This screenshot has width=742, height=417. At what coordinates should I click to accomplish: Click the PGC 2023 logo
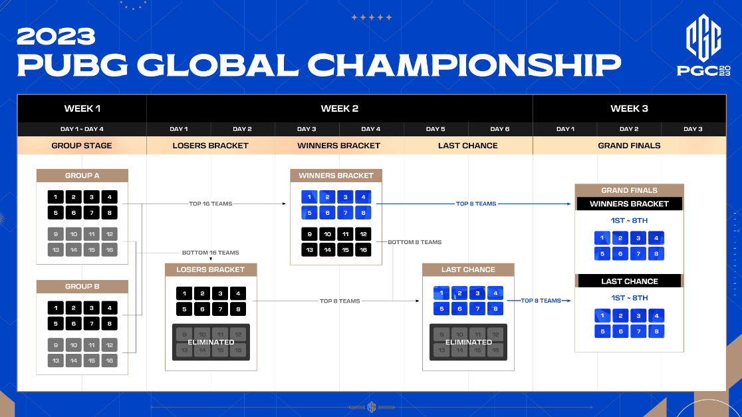[x=703, y=45]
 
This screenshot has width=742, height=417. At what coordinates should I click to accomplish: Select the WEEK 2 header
[x=339, y=108]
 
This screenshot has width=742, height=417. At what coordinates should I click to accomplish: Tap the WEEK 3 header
[x=629, y=108]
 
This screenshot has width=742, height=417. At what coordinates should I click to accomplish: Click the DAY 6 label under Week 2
[x=500, y=129]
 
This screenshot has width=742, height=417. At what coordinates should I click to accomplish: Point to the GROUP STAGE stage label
[x=82, y=145]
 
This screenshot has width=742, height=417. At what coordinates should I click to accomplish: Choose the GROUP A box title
[x=82, y=176]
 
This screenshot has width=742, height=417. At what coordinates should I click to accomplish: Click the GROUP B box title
[x=82, y=287]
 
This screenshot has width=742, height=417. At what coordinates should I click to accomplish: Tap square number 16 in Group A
[x=109, y=250]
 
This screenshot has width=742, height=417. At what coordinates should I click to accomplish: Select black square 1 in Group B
[x=55, y=308]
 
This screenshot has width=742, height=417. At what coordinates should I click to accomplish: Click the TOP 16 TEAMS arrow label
[x=211, y=204]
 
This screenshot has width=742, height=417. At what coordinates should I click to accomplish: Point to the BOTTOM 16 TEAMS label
[x=211, y=253]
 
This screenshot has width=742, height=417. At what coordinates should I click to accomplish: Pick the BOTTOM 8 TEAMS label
[x=414, y=242]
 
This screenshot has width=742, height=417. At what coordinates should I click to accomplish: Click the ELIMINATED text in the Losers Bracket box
[x=211, y=343]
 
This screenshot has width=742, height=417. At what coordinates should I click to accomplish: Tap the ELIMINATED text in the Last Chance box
[x=469, y=343]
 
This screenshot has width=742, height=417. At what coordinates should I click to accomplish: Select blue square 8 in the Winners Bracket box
[x=363, y=213]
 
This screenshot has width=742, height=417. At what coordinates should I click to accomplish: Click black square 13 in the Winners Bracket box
[x=309, y=250]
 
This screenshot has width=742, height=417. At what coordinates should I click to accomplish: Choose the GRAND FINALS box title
[x=630, y=190]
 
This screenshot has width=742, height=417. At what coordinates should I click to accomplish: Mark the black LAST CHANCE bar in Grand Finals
[x=630, y=281]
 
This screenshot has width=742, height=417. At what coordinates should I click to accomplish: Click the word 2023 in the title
[x=57, y=37]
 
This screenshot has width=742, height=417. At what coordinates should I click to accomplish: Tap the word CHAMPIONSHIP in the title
[x=465, y=65]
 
